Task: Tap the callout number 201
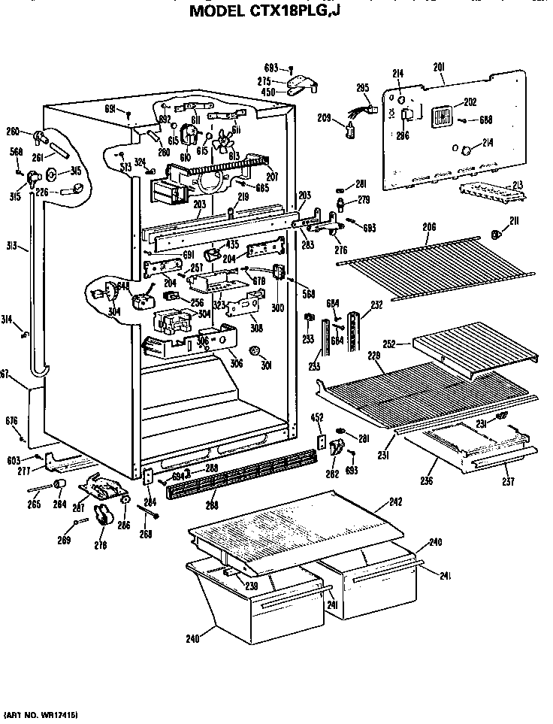(x=439, y=68)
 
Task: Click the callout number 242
(x=395, y=501)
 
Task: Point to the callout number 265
(x=35, y=504)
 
